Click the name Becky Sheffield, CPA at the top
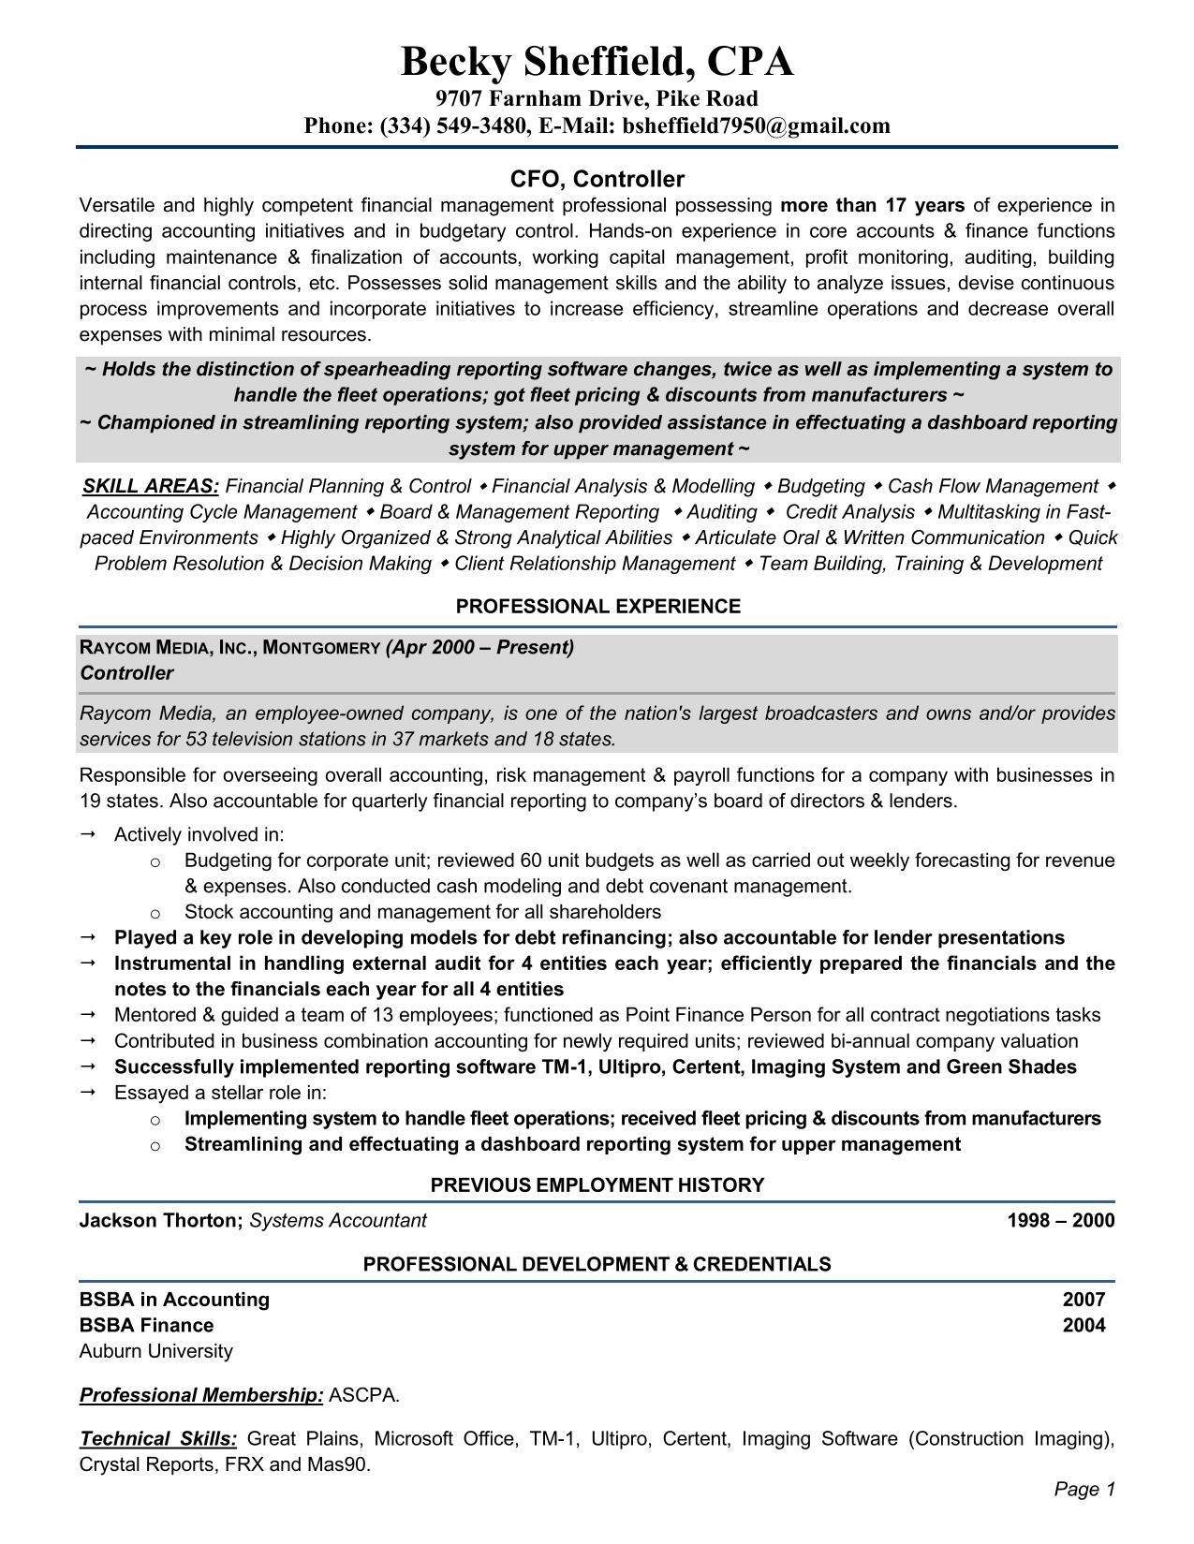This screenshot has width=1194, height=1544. (x=597, y=63)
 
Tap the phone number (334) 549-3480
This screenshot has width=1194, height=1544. (x=453, y=125)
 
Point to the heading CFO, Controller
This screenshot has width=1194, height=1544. (x=597, y=179)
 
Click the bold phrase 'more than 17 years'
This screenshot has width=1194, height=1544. (x=872, y=206)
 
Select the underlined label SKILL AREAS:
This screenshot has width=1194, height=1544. (x=151, y=486)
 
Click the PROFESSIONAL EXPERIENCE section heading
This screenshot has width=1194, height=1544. (x=597, y=607)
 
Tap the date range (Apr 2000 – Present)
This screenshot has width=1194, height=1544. (x=479, y=647)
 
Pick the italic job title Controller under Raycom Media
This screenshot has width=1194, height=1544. (x=126, y=673)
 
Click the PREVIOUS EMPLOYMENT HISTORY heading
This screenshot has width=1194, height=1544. (x=597, y=1185)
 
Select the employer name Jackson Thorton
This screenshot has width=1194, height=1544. (x=160, y=1220)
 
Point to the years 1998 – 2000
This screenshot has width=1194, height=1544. (x=1061, y=1220)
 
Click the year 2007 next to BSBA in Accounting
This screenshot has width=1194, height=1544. (x=1083, y=1300)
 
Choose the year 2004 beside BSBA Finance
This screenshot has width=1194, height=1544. (x=1083, y=1325)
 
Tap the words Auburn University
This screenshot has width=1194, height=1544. (x=156, y=1351)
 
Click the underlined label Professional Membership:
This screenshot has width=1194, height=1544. (x=201, y=1395)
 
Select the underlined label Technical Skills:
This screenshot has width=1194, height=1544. (x=158, y=1439)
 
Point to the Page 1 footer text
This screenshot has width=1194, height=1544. (x=1084, y=1489)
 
